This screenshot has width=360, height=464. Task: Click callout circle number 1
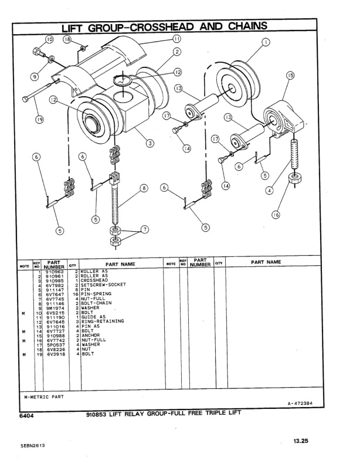pyautogui.click(x=266, y=42)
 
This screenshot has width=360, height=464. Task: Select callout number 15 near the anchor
pyautogui.click(x=290, y=75)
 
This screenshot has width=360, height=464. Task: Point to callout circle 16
pyautogui.click(x=275, y=215)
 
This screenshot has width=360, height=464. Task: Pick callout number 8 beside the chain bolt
pyautogui.click(x=144, y=189)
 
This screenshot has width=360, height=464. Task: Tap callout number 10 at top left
pyautogui.click(x=49, y=39)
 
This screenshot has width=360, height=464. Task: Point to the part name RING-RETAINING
pyautogui.click(x=102, y=321)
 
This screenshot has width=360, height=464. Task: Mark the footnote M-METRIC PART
pyautogui.click(x=44, y=395)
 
